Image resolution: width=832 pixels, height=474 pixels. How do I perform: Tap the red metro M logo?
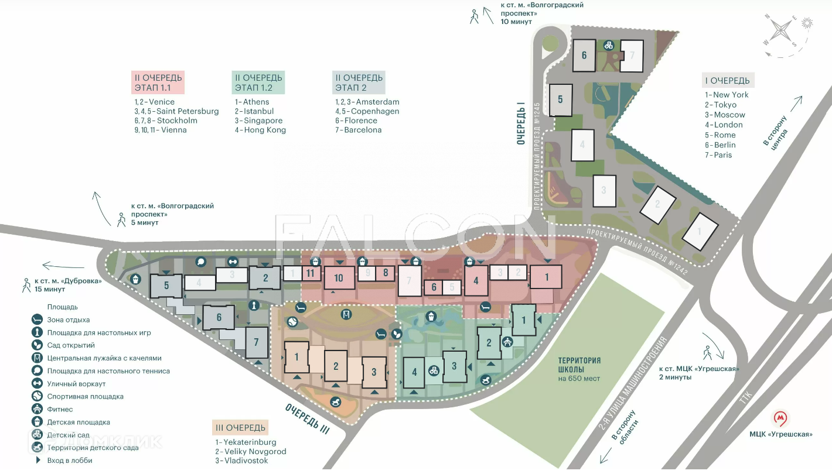(780, 418)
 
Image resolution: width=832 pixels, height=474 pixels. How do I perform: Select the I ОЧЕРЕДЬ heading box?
(728, 81)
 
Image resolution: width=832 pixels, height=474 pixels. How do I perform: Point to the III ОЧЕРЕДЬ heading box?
(240, 428)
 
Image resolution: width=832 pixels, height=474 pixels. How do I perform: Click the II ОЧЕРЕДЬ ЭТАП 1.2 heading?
(258, 83)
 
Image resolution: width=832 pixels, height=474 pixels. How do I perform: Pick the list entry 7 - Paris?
(718, 155)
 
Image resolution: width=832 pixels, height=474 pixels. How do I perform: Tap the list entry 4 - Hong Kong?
(260, 130)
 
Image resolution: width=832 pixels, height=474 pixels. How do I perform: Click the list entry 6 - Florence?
(356, 121)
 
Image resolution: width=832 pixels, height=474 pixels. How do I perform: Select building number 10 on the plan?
(338, 278)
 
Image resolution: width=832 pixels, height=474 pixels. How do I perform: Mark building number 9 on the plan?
(367, 273)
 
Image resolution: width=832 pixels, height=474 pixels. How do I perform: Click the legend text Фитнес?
(60, 410)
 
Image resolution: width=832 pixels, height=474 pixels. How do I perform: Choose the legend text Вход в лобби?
(70, 461)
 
